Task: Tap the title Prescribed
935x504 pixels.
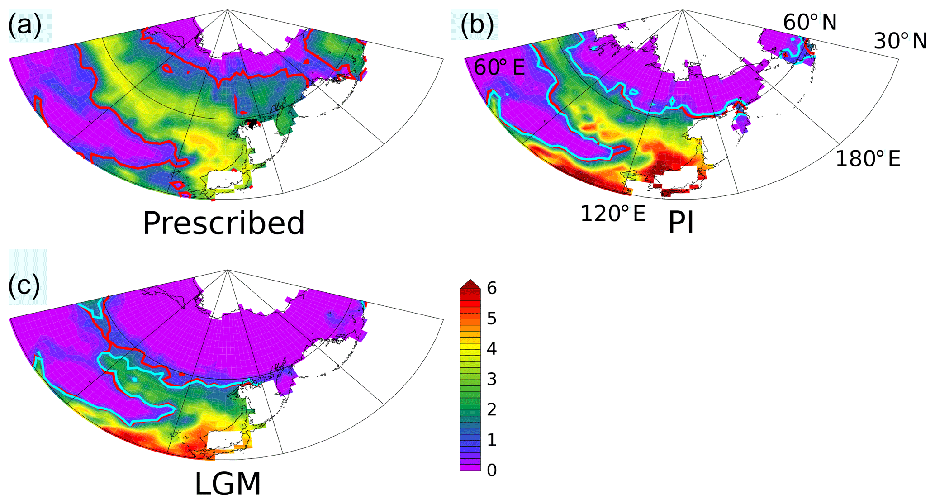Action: pyautogui.click(x=223, y=223)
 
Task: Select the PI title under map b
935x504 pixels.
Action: pyautogui.click(x=681, y=223)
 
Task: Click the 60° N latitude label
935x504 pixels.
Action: pyautogui.click(x=810, y=22)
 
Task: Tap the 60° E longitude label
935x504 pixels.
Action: pyautogui.click(x=499, y=68)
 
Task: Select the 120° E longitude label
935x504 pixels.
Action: pyautogui.click(x=612, y=214)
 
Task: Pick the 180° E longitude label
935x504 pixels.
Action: pyautogui.click(x=868, y=159)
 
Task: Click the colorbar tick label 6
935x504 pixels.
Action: pyautogui.click(x=491, y=288)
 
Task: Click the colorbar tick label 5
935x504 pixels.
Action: pyautogui.click(x=491, y=319)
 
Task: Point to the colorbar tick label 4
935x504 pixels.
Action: pyautogui.click(x=491, y=349)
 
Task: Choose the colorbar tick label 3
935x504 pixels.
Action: pyautogui.click(x=491, y=379)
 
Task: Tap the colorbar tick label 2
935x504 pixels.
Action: pyautogui.click(x=491, y=409)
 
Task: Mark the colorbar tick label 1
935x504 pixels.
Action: pyautogui.click(x=491, y=440)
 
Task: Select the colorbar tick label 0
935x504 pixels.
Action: pyautogui.click(x=491, y=470)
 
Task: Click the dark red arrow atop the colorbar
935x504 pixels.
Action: pyautogui.click(x=470, y=284)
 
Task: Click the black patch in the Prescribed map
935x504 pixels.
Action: pyautogui.click(x=252, y=123)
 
